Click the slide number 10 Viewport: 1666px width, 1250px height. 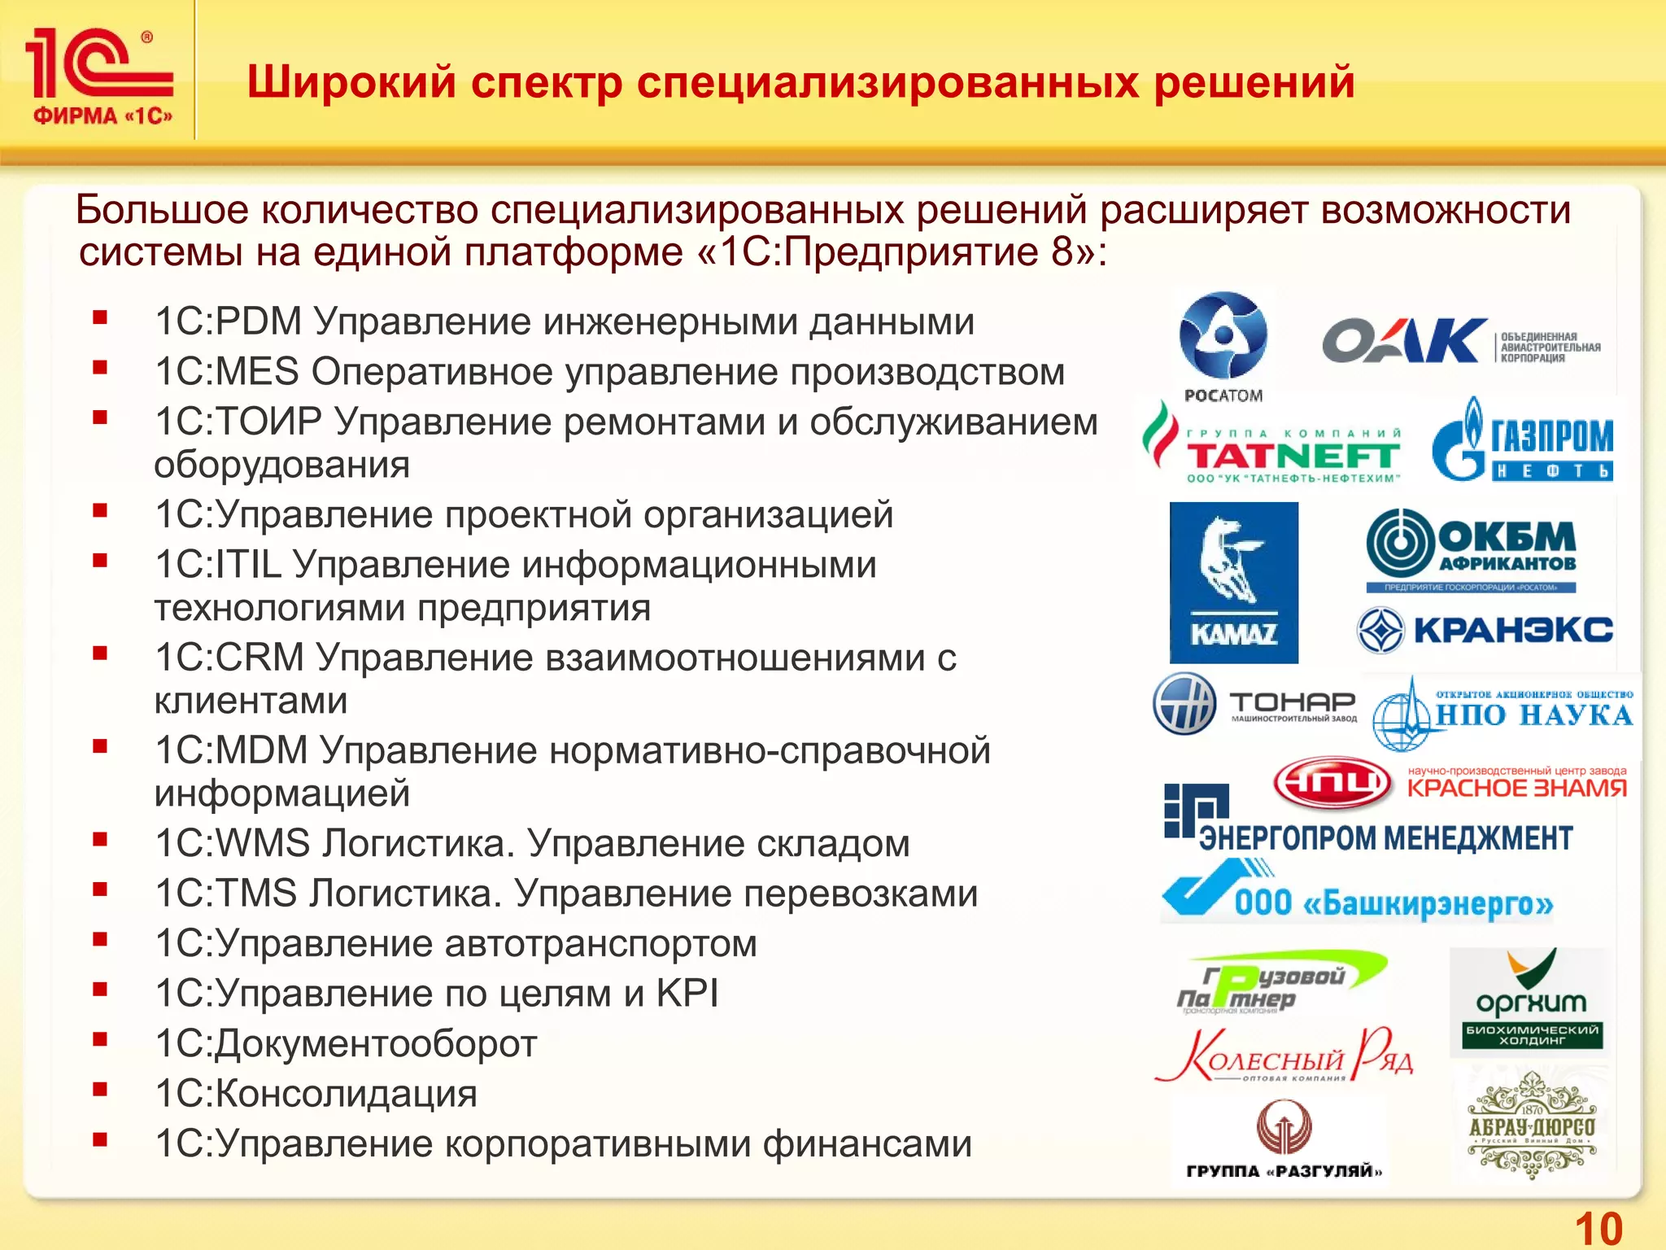[x=1598, y=1227]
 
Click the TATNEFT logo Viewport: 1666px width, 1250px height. [x=1274, y=444]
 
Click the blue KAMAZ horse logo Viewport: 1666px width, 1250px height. [x=1233, y=583]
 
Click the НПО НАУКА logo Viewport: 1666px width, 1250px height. [x=1505, y=712]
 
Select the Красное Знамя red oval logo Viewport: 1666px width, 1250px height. [x=1332, y=783]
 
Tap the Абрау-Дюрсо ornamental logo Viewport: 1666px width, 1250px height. [x=1531, y=1126]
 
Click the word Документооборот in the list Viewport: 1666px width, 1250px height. [x=376, y=1044]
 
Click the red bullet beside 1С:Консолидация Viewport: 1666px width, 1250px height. [x=100, y=1090]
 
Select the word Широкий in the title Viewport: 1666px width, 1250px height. [x=351, y=82]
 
